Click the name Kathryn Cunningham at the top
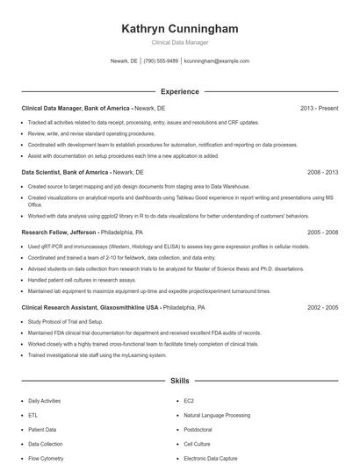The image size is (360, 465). [x=180, y=29]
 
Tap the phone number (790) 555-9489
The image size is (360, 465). [x=161, y=61]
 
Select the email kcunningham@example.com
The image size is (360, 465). [x=217, y=61]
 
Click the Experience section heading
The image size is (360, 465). [x=180, y=91]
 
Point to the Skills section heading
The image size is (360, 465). [x=180, y=382]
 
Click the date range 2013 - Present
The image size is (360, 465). [x=319, y=108]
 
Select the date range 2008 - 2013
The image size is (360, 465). [x=323, y=173]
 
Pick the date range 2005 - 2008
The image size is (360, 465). [x=323, y=232]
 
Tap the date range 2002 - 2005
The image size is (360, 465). [x=323, y=308]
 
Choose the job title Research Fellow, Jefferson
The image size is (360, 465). [x=60, y=232]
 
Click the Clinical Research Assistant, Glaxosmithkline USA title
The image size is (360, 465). [x=90, y=308]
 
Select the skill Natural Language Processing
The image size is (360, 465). [x=217, y=415]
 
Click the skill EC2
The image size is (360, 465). [x=189, y=400]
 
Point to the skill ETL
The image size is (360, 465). [x=33, y=415]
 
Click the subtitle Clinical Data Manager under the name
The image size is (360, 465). [x=180, y=42]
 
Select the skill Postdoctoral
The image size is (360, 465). [x=198, y=430]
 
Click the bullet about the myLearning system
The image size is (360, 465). [x=97, y=355]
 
